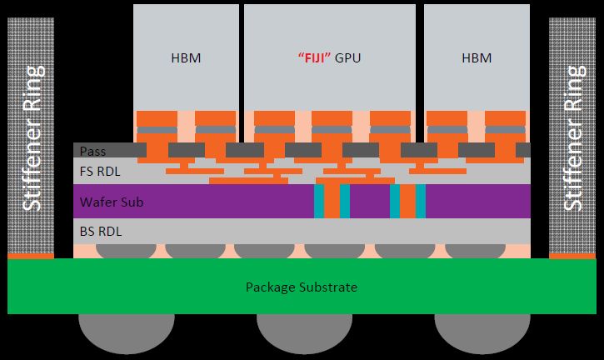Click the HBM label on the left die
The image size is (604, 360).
click(x=185, y=58)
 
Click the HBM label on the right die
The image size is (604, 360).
click(x=476, y=58)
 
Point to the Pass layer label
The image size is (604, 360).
click(x=92, y=151)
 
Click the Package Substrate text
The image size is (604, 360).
click(x=301, y=287)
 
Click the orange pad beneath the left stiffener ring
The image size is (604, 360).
click(x=30, y=256)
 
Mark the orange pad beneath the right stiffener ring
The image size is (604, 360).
click(x=572, y=256)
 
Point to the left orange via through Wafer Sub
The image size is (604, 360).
click(x=331, y=202)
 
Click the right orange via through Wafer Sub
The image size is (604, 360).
click(x=407, y=202)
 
